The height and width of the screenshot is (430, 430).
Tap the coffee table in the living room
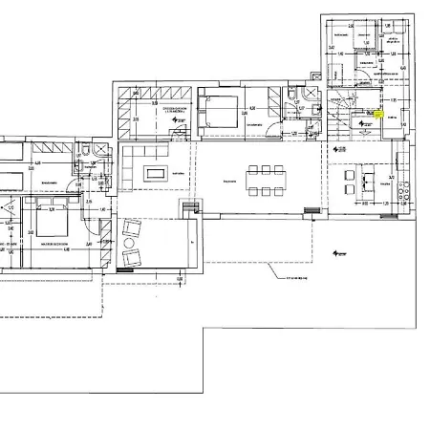pyautogui.click(x=155, y=173)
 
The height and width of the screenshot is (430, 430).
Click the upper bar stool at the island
pyautogui.click(x=350, y=178)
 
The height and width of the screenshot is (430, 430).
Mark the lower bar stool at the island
pyautogui.click(x=350, y=197)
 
